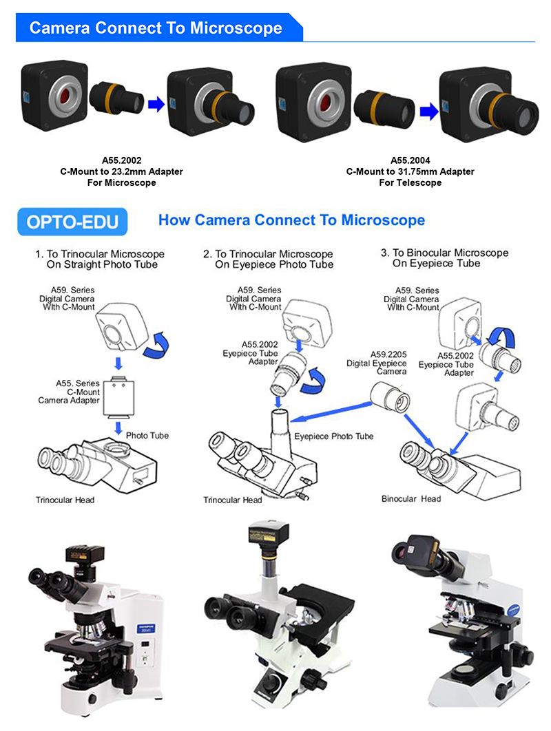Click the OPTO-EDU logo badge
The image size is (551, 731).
click(x=72, y=222)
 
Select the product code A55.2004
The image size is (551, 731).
click(x=410, y=160)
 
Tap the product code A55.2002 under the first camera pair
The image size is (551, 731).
click(x=121, y=160)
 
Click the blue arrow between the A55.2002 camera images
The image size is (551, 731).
click(x=156, y=103)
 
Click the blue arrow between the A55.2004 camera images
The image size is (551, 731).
click(x=429, y=112)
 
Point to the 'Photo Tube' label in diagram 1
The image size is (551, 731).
click(x=147, y=436)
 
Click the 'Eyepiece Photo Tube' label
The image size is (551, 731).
click(x=333, y=436)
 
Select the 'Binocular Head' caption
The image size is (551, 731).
click(x=411, y=499)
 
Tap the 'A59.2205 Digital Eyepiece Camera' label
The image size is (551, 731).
click(x=377, y=363)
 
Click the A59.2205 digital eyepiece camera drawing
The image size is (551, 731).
click(x=390, y=396)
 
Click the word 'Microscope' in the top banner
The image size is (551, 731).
click(x=236, y=28)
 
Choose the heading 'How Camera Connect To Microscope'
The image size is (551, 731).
click(x=291, y=220)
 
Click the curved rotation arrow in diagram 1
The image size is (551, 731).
click(x=156, y=345)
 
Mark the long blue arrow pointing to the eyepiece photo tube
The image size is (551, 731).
click(x=331, y=412)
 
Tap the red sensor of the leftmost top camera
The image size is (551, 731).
click(x=67, y=98)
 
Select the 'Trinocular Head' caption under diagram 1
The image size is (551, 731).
click(x=65, y=500)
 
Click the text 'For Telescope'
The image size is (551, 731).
click(x=410, y=183)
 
